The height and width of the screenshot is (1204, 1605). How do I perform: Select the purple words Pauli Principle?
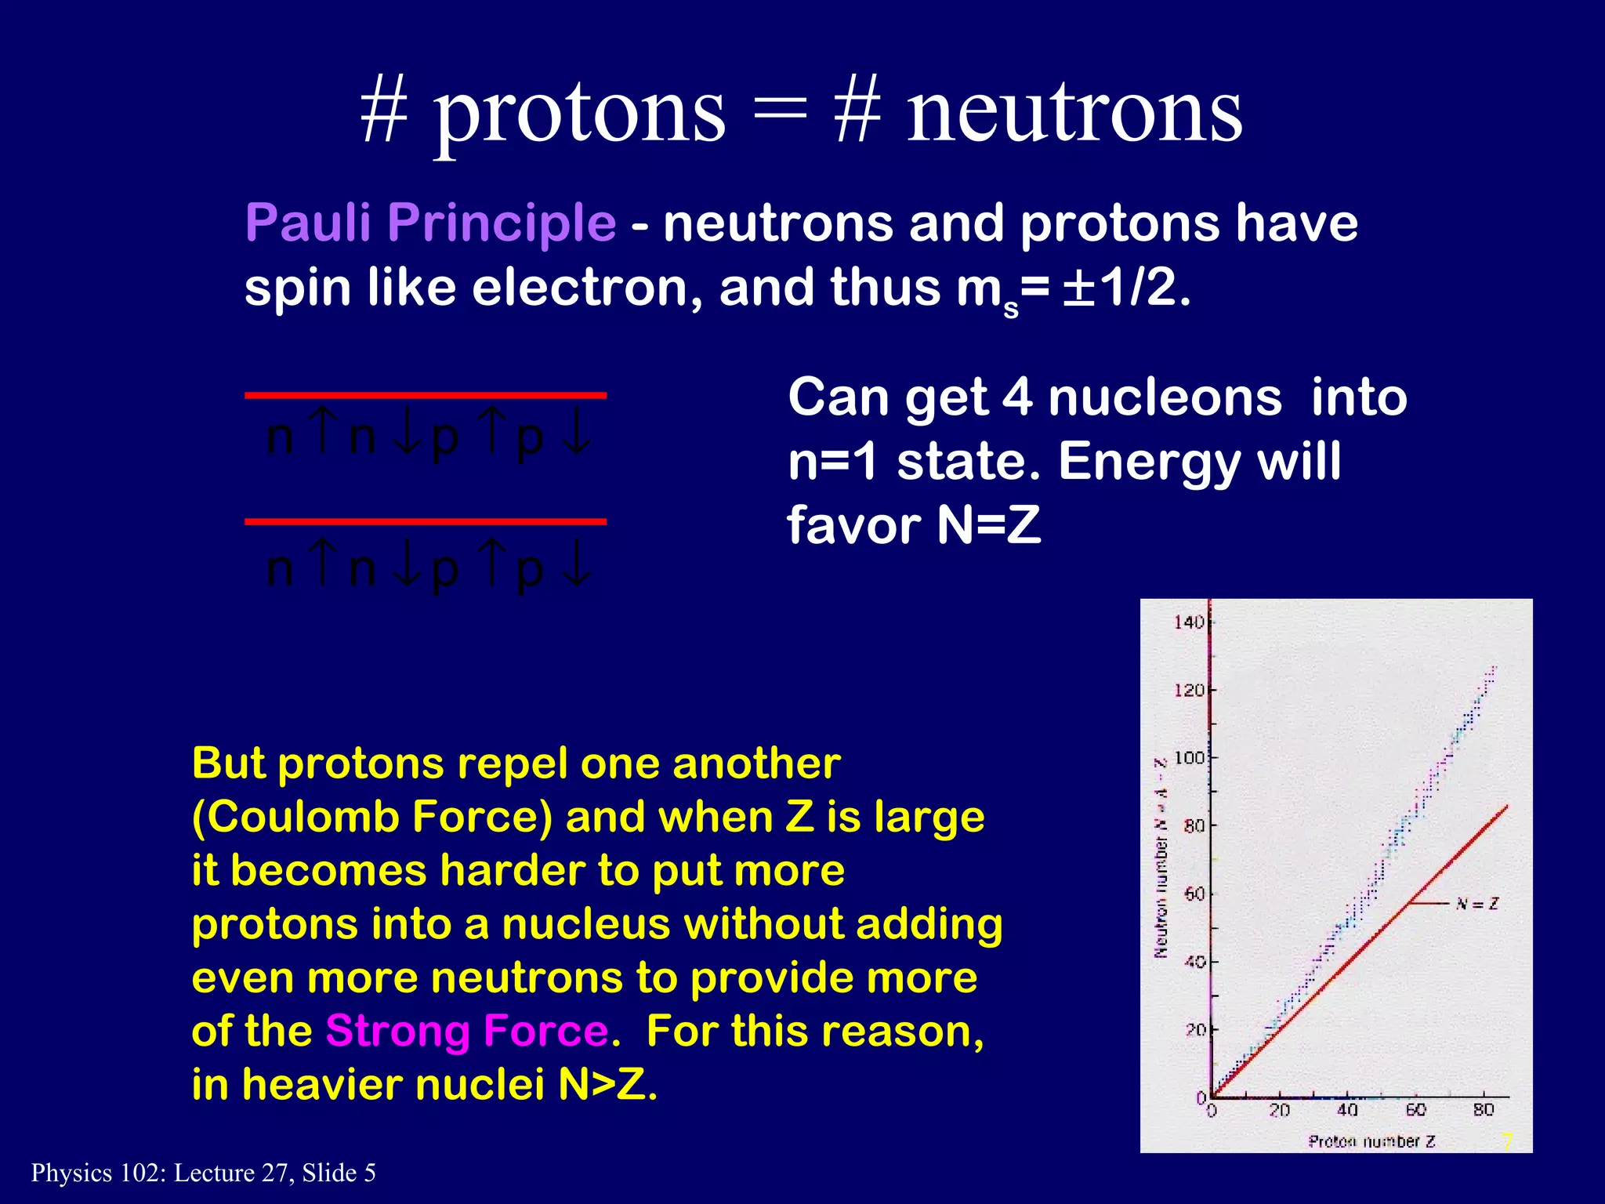[430, 223]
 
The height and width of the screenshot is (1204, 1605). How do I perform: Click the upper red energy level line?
[426, 396]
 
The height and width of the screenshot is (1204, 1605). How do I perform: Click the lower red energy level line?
[426, 521]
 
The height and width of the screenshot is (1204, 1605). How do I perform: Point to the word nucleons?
[1165, 397]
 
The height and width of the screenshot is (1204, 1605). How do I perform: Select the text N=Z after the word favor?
[989, 525]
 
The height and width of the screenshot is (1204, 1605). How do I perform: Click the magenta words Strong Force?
[467, 1031]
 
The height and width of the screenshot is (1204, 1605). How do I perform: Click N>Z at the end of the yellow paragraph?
[607, 1085]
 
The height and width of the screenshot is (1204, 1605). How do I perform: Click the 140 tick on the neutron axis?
[1189, 622]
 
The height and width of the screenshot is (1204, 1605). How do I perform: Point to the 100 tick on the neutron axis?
[1189, 758]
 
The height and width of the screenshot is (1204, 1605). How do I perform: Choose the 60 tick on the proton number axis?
[1415, 1110]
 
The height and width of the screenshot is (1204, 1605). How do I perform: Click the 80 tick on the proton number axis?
[1483, 1110]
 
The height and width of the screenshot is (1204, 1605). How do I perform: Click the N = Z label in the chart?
[1476, 904]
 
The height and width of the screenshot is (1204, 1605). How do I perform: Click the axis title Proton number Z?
[1371, 1141]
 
